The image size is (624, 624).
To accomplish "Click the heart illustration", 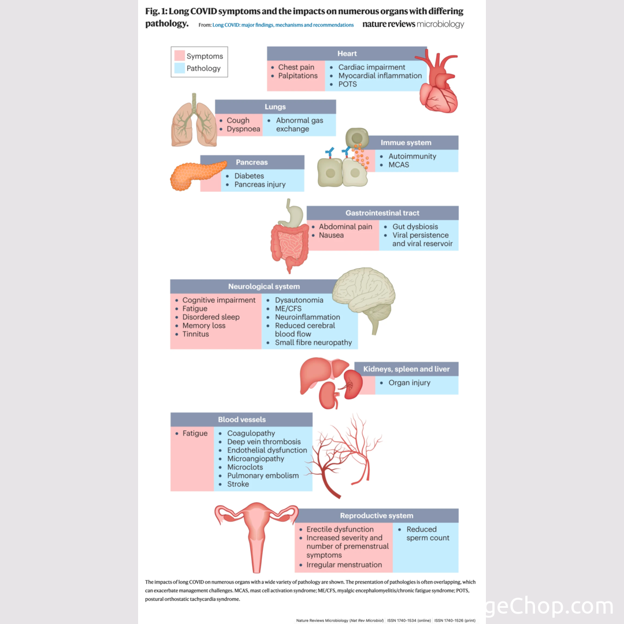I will click(437, 82).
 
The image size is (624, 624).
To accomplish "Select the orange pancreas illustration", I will click(195, 175).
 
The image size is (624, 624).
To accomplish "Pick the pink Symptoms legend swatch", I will click(180, 56).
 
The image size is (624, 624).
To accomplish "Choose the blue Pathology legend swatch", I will click(180, 68).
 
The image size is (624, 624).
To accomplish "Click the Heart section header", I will click(347, 54).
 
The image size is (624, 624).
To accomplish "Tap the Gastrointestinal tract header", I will click(382, 213).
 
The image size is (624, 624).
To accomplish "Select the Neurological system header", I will click(263, 287).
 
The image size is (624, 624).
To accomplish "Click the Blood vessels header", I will click(242, 419).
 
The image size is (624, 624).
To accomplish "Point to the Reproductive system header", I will click(376, 516).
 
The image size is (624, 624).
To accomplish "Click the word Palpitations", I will click(298, 76).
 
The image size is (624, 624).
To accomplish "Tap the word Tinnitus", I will click(195, 334).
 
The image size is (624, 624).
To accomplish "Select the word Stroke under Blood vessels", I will click(238, 484).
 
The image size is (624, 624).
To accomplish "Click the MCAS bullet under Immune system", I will click(399, 165).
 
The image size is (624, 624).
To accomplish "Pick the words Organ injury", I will click(409, 382).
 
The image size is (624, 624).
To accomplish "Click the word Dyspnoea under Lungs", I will click(243, 129).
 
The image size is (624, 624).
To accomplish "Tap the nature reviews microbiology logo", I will click(413, 24).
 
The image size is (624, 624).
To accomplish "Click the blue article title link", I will click(283, 25).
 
